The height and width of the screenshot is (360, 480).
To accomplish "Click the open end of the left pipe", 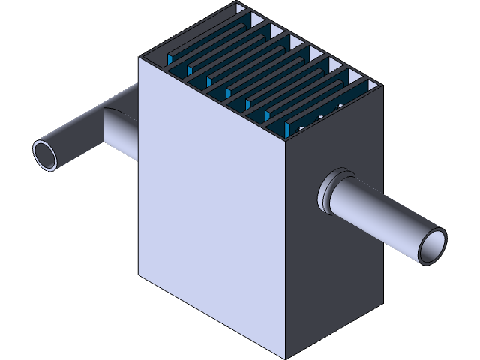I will click(47, 154).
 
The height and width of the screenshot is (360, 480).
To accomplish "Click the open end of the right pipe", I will click(434, 245).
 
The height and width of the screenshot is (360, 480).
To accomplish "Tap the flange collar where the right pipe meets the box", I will click(329, 190).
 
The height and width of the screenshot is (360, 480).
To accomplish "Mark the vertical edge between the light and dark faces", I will click(286, 247).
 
